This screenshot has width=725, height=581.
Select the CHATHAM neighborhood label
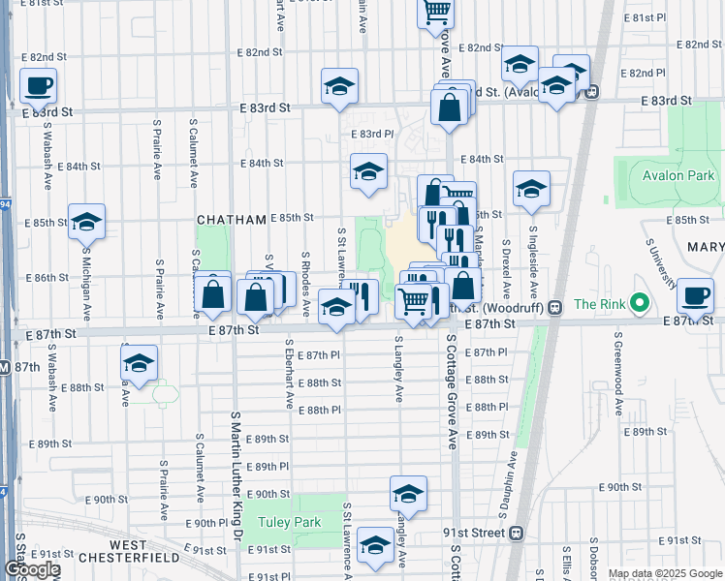[x=231, y=221]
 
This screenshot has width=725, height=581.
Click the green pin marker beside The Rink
[x=639, y=304]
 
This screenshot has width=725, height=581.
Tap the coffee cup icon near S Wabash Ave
[x=39, y=86]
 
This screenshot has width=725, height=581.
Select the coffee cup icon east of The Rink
[x=694, y=295]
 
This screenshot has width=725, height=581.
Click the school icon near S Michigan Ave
[x=86, y=223]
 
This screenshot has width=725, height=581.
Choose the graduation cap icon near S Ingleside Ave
[x=531, y=190]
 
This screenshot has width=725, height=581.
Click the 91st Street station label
[x=472, y=533]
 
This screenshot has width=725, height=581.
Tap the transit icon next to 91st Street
[x=517, y=533]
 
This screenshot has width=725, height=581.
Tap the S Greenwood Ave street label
[x=616, y=367]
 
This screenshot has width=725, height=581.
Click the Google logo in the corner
[x=31, y=569]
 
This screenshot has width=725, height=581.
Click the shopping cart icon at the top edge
[x=436, y=12]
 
